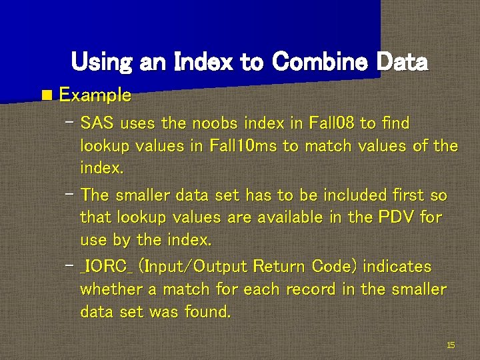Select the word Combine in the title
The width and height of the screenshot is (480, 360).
pos(318,62)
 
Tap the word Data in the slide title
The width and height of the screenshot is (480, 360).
pos(402,62)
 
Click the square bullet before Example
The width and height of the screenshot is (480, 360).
pos(45,95)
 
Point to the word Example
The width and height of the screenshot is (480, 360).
pos(95,95)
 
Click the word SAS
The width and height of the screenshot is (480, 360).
pos(95,123)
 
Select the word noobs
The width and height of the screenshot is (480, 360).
pos(215,123)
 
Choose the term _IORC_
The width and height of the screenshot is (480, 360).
pos(107,267)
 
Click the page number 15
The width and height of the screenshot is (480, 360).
pos(451,345)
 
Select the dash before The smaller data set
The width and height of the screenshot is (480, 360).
pos(71,193)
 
